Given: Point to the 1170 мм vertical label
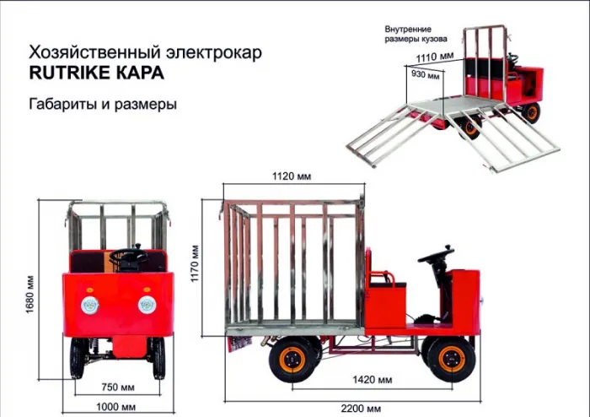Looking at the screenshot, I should [x=195, y=263].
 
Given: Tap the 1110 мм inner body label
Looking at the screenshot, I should [x=435, y=57].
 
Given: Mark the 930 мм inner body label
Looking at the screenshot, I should [x=424, y=75].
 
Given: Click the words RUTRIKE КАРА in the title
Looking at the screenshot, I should [x=97, y=73].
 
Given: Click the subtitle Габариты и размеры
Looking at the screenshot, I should [x=103, y=106].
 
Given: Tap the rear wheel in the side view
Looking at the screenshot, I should [x=293, y=359].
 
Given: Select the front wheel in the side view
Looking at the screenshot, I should [x=446, y=358].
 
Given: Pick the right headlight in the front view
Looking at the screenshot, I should [x=148, y=305].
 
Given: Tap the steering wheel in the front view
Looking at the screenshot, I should [x=130, y=256].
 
